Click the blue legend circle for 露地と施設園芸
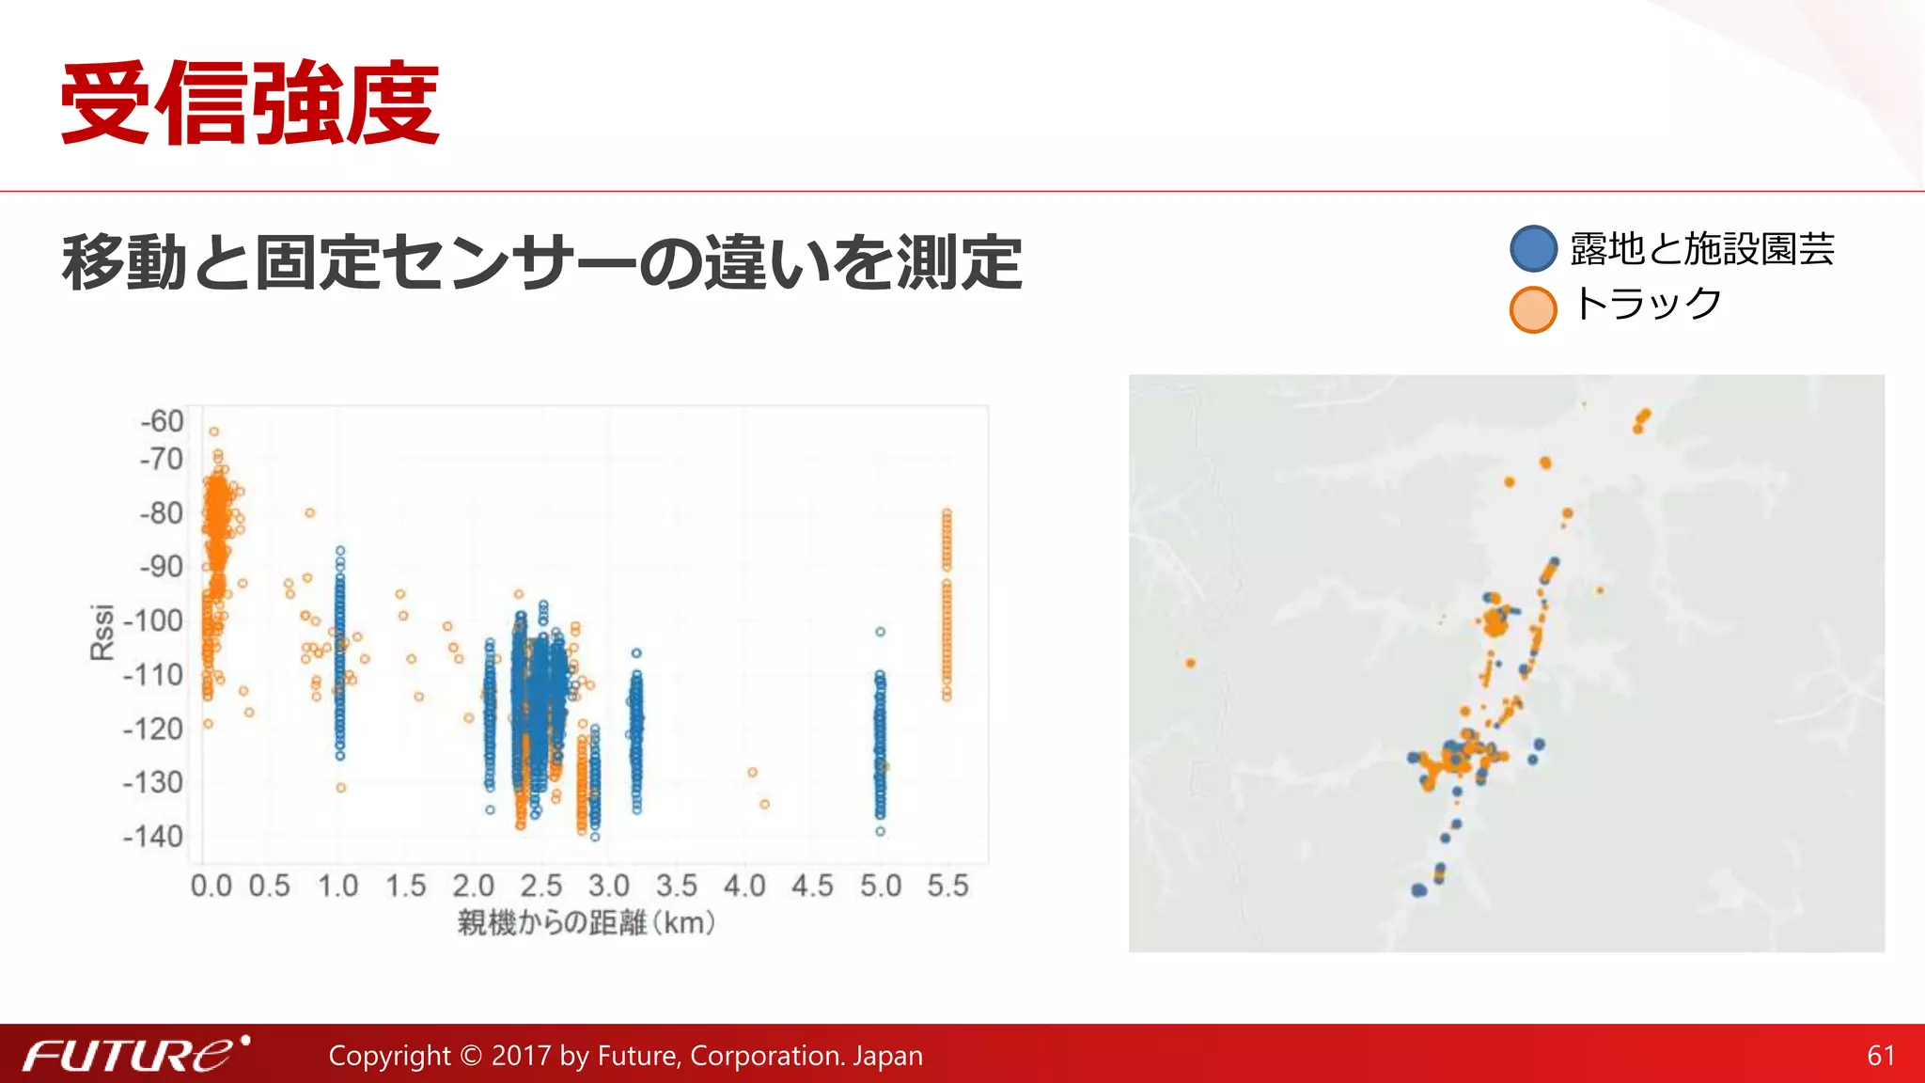[1533, 249]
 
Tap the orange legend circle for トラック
[1533, 309]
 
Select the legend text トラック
[1647, 305]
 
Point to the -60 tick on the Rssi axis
[162, 421]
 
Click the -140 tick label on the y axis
[153, 837]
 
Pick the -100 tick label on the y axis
[153, 621]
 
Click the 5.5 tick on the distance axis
[947, 886]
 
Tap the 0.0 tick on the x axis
[211, 886]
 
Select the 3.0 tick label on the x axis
[609, 886]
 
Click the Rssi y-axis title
[102, 632]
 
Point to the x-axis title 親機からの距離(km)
[587, 923]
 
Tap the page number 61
[1881, 1056]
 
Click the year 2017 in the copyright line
[522, 1056]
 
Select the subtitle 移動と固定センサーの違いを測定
[541, 262]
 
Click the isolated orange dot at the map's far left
[1191, 663]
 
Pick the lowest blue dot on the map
[1418, 890]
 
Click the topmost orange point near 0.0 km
[214, 432]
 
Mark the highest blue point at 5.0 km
[880, 632]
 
